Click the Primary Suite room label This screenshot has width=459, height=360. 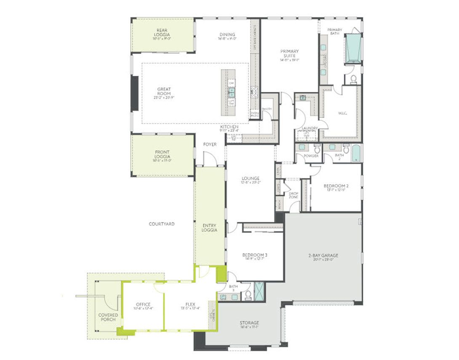click(290, 54)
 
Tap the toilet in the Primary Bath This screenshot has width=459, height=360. click(353, 79)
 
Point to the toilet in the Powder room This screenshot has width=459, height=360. click(317, 148)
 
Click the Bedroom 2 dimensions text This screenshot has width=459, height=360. click(336, 190)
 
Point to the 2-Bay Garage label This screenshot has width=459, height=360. click(323, 255)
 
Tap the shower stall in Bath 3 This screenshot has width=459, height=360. click(260, 290)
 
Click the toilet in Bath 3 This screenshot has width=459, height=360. click(248, 294)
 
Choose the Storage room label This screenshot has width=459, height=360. click(249, 323)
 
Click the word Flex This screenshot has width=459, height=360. click(190, 304)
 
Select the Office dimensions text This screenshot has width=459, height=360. click(143, 309)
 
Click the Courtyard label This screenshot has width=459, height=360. click(162, 224)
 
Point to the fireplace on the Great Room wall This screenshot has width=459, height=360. click(135, 93)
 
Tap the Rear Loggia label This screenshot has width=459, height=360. click(163, 32)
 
